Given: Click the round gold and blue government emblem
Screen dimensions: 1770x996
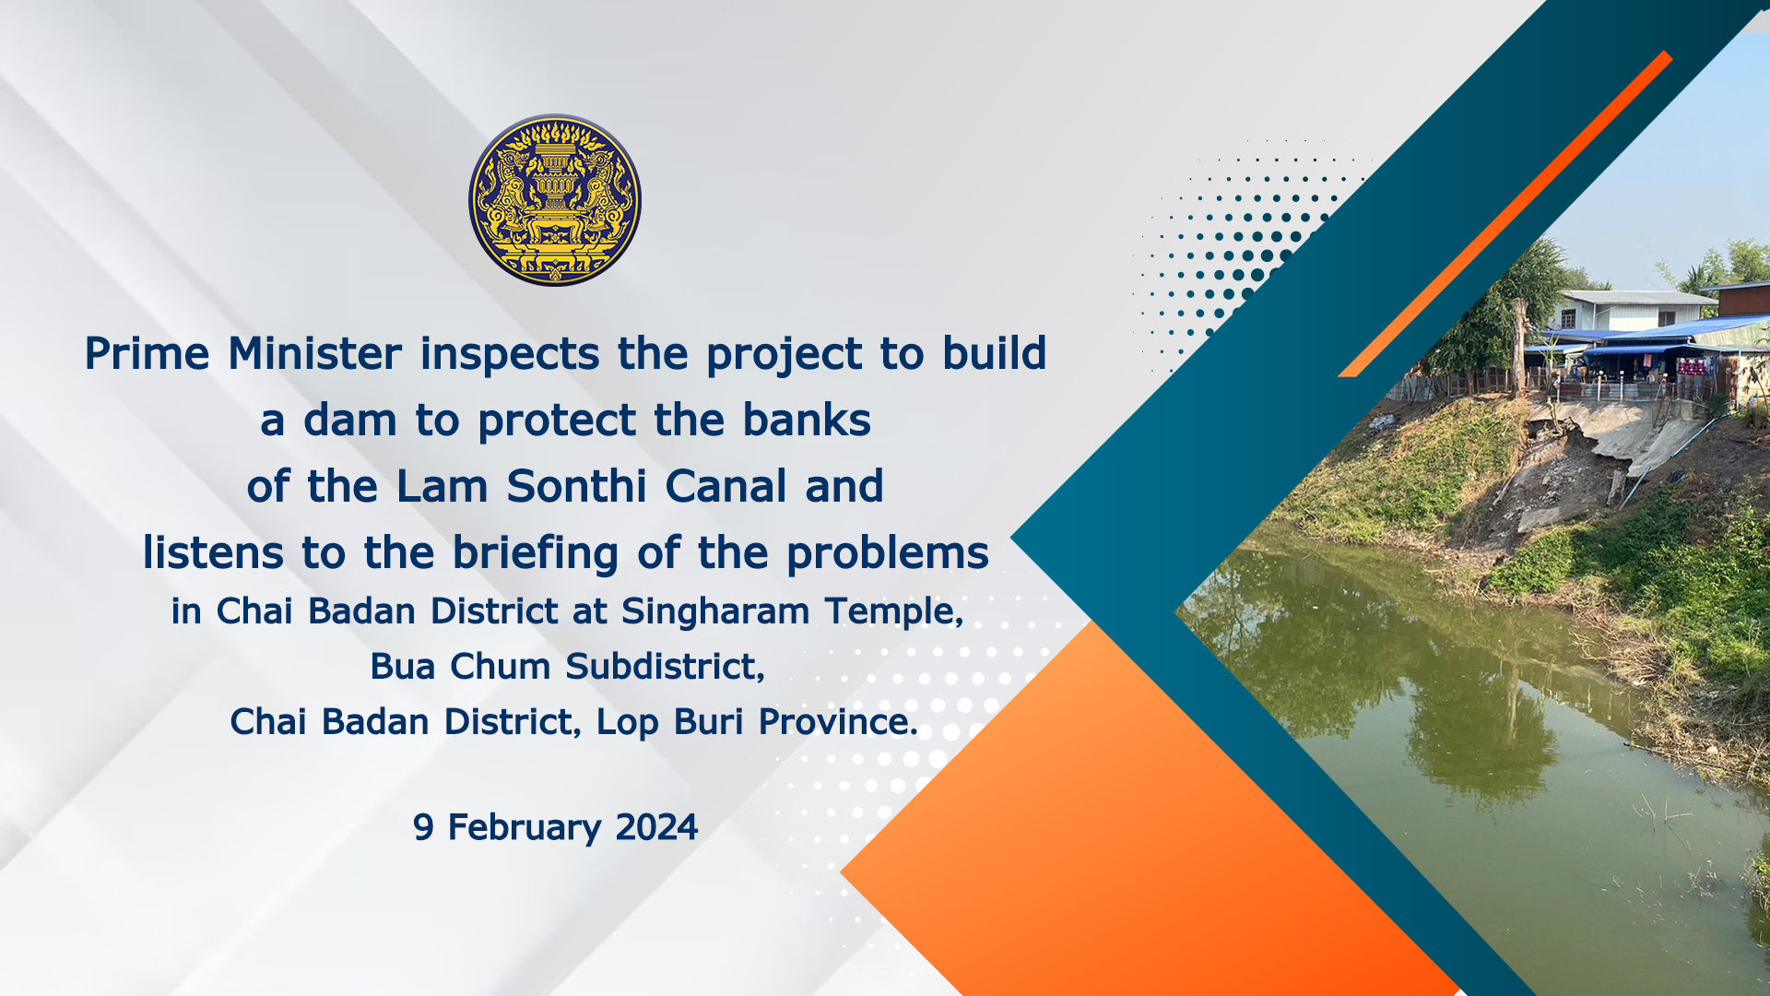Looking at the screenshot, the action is pos(555,200).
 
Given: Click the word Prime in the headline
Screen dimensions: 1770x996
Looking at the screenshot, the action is pos(147,353).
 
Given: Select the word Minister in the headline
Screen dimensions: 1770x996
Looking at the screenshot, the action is pos(315,353).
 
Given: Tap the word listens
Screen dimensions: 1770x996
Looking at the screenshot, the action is pos(214,553).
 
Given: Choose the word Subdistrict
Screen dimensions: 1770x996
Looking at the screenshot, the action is pos(666,667).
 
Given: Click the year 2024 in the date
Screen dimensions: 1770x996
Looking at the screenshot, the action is pos(656,827).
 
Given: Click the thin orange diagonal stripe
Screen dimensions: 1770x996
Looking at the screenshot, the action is pos(1505,214).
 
